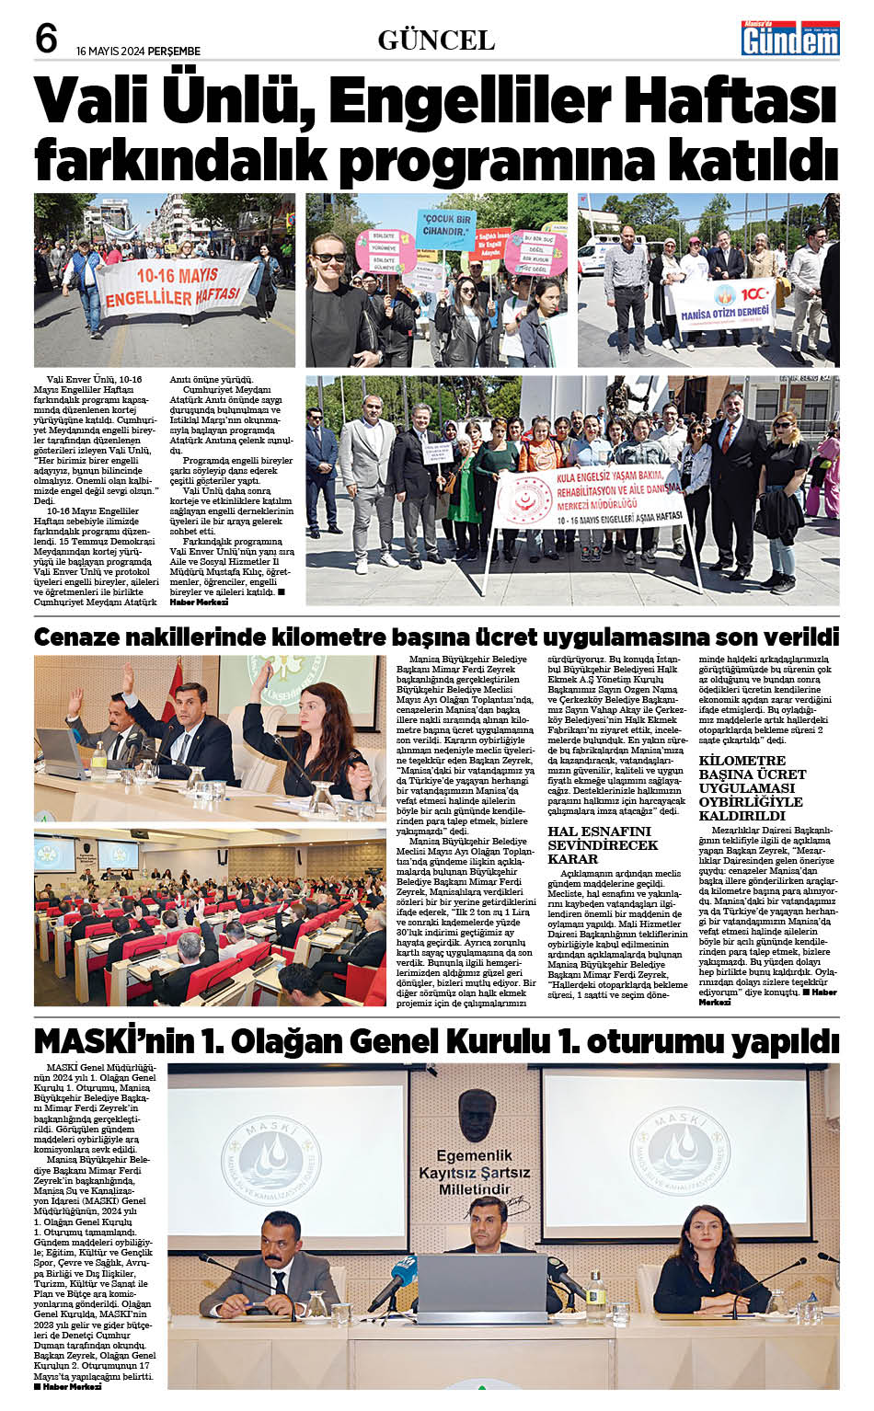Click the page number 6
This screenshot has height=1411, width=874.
[x=45, y=39]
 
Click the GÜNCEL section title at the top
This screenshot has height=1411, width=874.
[x=436, y=40]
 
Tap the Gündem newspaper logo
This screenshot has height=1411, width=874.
[x=791, y=39]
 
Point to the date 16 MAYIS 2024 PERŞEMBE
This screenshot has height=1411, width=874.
[x=138, y=52]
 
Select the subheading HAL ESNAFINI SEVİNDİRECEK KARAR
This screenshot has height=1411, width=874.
[x=603, y=844]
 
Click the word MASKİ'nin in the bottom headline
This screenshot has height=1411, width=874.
[x=114, y=1041]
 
